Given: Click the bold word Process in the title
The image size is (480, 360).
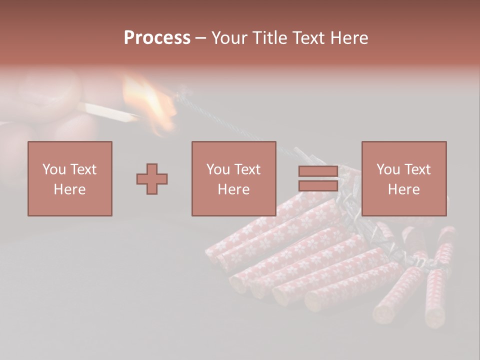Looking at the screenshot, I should [x=157, y=38].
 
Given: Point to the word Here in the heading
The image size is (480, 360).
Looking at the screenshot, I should [x=348, y=38].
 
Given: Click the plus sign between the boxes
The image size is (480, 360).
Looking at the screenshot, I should [x=152, y=178].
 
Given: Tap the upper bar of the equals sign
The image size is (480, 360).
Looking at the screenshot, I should [x=318, y=171].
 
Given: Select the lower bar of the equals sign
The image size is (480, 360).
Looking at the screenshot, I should [x=318, y=185].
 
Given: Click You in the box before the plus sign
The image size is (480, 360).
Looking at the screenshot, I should [x=54, y=169].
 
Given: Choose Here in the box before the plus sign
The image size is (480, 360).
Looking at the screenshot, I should [x=69, y=189].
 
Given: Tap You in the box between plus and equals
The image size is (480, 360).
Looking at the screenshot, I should [x=218, y=169].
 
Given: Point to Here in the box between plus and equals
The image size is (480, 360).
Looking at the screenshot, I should [x=233, y=189].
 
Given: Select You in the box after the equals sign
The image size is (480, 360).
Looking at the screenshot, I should [x=388, y=169].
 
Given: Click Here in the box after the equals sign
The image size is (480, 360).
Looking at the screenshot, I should [x=403, y=189].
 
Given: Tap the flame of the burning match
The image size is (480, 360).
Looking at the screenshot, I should [x=150, y=100].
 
